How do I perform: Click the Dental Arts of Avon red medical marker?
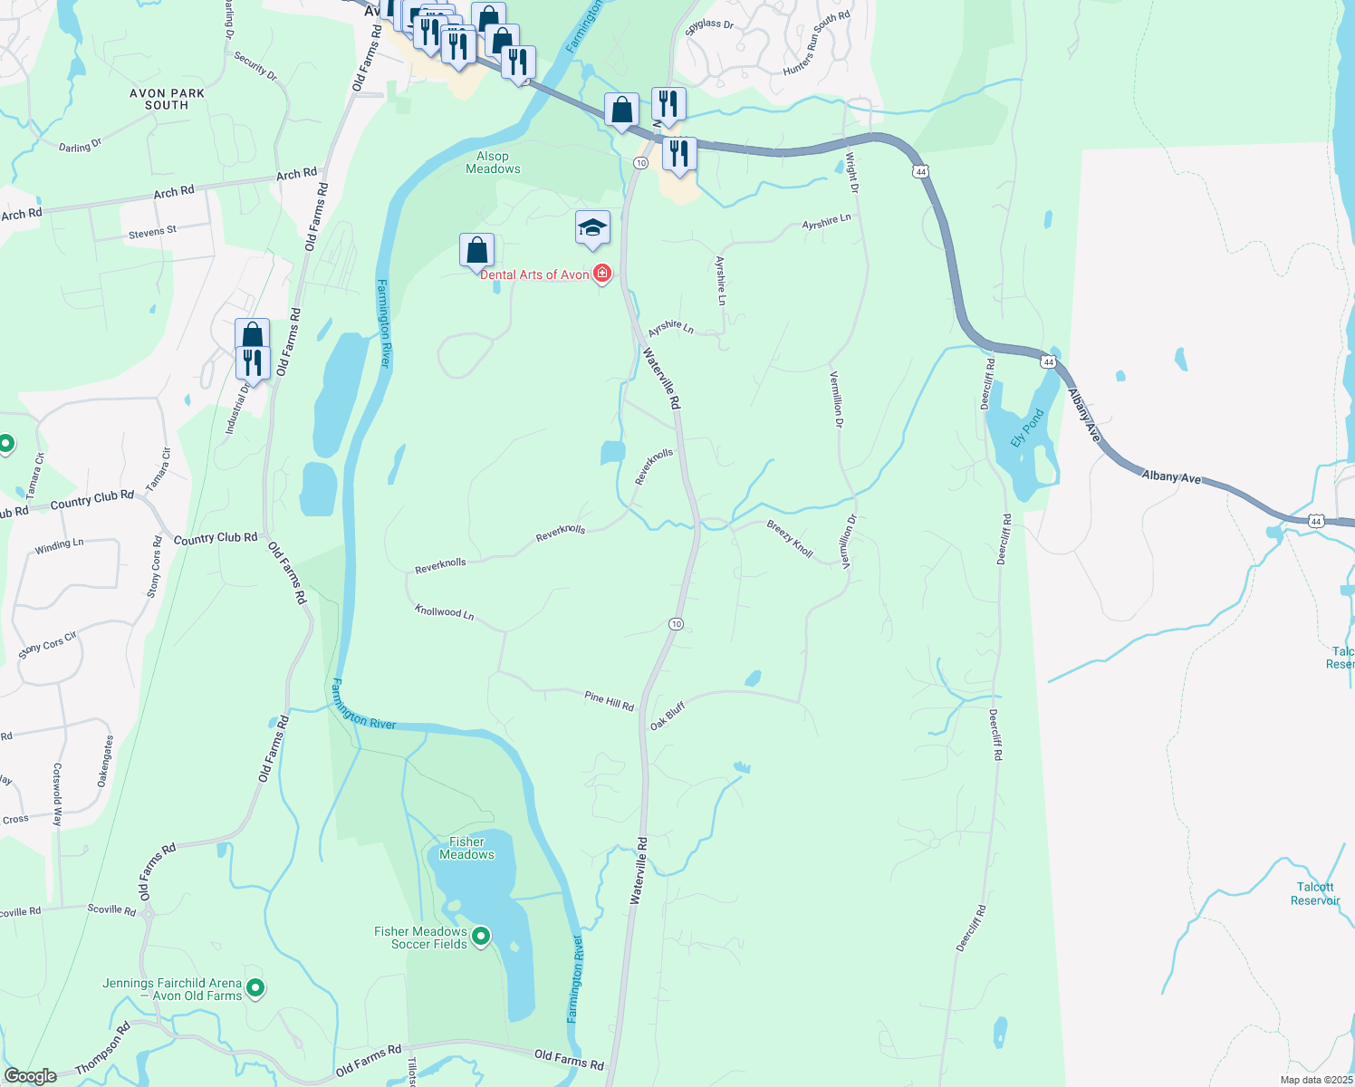(x=601, y=274)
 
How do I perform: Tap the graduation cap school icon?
(x=592, y=228)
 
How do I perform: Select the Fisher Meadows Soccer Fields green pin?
(x=481, y=937)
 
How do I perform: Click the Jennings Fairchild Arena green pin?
(x=255, y=988)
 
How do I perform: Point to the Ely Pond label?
(x=1027, y=428)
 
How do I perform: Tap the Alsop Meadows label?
(x=493, y=162)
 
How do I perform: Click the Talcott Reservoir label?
(x=1315, y=893)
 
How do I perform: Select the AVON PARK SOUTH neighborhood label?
(x=167, y=99)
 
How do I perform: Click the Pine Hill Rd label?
(x=609, y=700)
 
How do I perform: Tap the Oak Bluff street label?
(x=668, y=716)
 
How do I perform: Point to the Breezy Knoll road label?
(x=790, y=538)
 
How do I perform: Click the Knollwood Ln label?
(x=444, y=612)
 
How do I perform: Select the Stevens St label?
(x=152, y=233)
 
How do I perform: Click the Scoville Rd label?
(x=111, y=909)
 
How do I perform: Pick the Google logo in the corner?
(x=30, y=1075)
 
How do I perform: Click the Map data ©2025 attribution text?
(x=1316, y=1080)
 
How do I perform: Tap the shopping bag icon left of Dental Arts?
(x=476, y=251)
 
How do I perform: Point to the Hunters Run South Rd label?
(x=816, y=43)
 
